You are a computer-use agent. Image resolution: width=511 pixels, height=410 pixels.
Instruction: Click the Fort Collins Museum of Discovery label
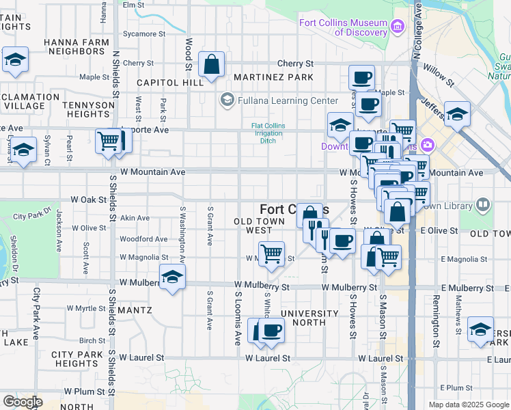click(343, 27)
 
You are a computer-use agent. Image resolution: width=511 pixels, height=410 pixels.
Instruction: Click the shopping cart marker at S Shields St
click(108, 141)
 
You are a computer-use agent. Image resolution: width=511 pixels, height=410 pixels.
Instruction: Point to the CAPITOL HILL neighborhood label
click(169, 82)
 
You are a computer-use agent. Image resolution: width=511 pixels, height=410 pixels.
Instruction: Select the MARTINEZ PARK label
click(273, 77)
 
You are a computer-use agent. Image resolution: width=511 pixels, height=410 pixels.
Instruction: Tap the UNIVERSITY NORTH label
click(309, 318)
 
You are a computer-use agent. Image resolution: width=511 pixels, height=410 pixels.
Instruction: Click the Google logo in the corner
click(22, 402)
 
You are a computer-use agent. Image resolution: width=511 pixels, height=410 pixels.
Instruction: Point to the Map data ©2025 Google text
click(468, 405)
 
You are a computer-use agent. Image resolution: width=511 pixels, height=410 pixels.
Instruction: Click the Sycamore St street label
click(143, 33)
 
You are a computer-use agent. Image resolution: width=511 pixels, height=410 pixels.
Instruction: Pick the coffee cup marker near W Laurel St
click(271, 331)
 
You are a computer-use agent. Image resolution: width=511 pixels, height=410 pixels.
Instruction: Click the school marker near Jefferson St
click(457, 113)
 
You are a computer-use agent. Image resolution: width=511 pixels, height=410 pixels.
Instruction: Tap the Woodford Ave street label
click(143, 239)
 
